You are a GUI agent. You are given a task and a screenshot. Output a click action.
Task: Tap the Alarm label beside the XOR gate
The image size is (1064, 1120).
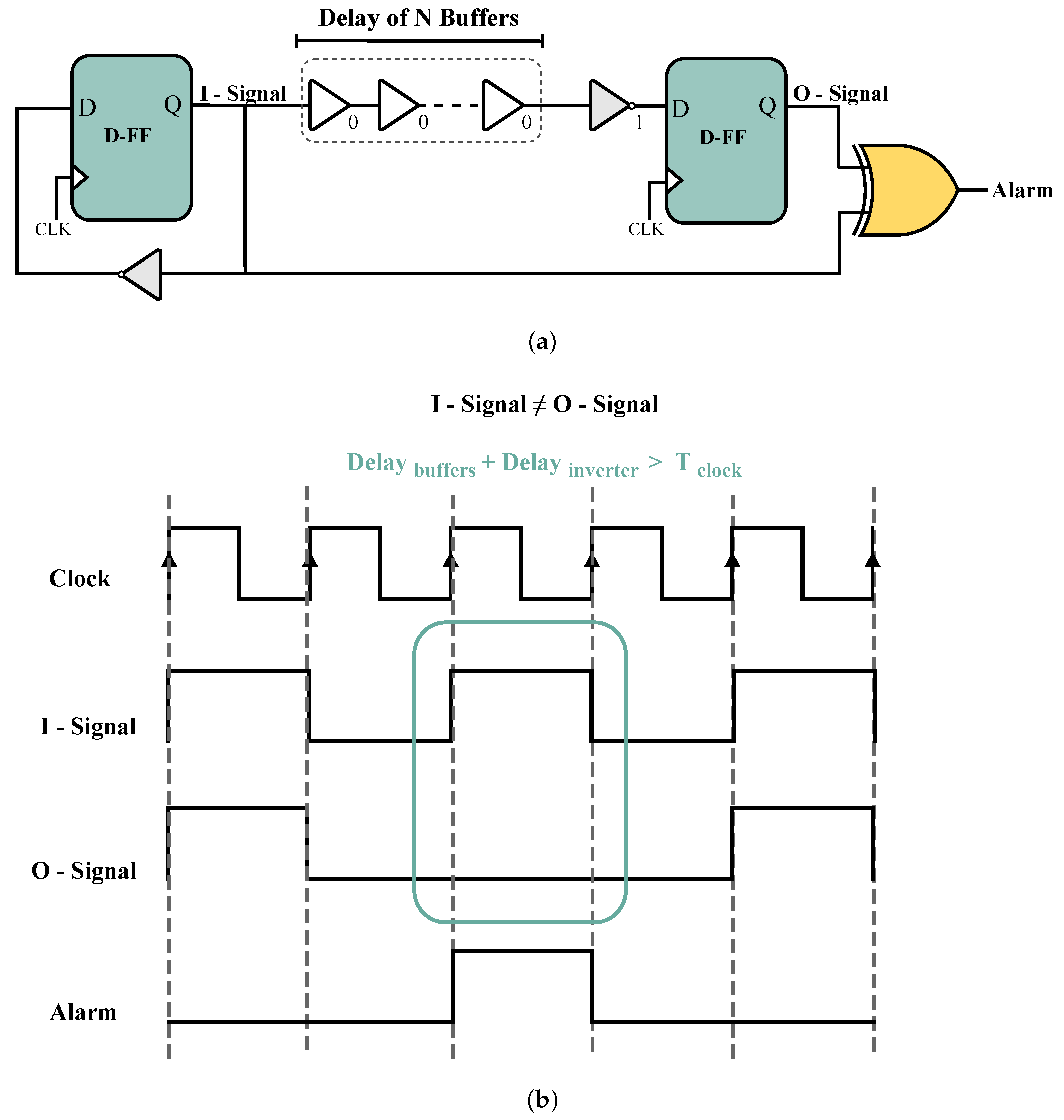click(x=1022, y=191)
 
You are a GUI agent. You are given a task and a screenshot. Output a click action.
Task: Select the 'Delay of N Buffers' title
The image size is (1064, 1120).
click(x=419, y=18)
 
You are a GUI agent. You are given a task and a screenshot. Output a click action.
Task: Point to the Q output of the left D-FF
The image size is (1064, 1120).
click(x=173, y=104)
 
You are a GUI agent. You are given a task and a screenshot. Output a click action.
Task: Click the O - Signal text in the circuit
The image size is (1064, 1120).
click(x=841, y=94)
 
